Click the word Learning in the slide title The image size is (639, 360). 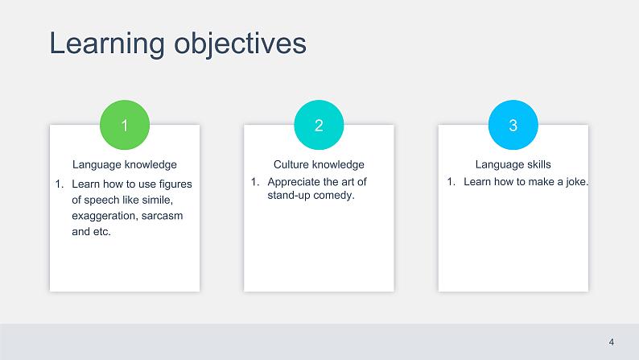107,44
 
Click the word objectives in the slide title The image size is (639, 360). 241,44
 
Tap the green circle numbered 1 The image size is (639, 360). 125,125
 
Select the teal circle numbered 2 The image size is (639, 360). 319,125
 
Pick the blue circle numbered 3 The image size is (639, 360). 513,125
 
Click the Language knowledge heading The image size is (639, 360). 125,165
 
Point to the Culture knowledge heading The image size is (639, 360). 319,165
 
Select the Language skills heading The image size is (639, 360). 513,165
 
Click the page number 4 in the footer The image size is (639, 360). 612,342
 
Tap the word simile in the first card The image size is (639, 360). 157,200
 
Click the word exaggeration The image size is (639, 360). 105,216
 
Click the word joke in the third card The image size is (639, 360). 577,182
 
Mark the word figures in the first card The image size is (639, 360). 175,184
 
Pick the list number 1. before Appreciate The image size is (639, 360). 255,182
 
